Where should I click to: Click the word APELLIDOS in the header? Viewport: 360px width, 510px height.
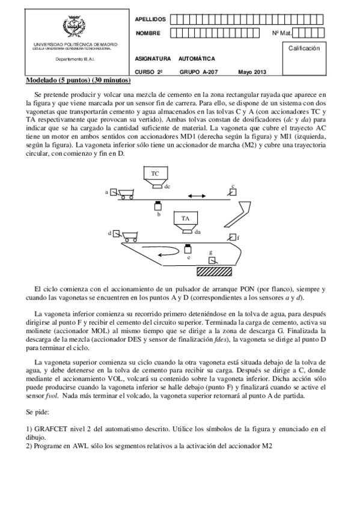tap(151, 19)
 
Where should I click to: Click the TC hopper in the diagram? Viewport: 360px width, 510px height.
tap(155, 174)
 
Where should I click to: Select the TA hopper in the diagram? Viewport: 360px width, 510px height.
tap(186, 220)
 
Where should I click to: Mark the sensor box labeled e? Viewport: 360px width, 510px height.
tap(188, 248)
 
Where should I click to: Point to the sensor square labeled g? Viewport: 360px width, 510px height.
tap(211, 260)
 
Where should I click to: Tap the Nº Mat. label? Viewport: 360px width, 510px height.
tap(282, 33)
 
